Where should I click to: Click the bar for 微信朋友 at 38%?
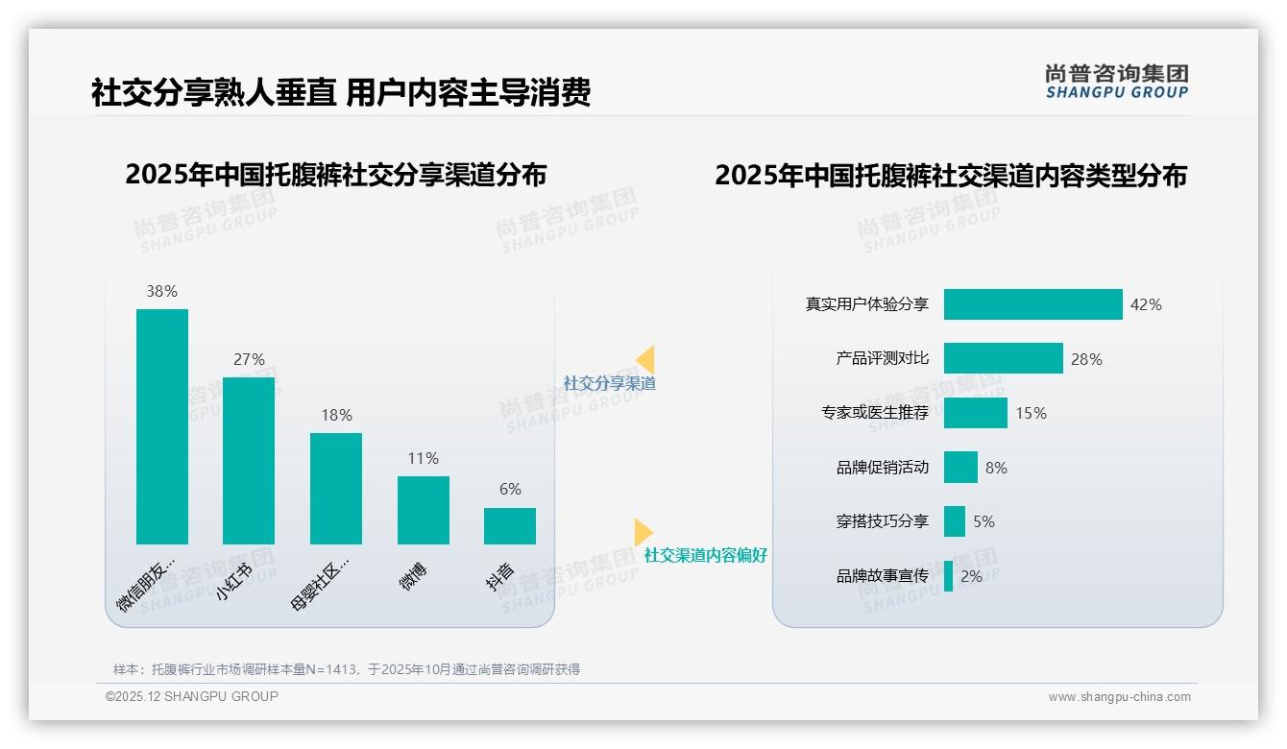pyautogui.click(x=162, y=426)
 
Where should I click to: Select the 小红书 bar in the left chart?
pyautogui.click(x=249, y=461)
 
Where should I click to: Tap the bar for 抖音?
pyautogui.click(x=510, y=526)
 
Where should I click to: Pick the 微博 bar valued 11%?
pyautogui.click(x=423, y=510)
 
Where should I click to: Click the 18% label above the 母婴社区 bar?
pyautogui.click(x=336, y=415)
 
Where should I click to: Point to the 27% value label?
pyautogui.click(x=249, y=359)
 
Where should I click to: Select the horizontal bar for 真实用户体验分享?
pyautogui.click(x=1032, y=304)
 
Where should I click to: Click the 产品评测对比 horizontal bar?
pyautogui.click(x=1003, y=358)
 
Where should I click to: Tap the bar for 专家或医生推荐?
pyautogui.click(x=975, y=413)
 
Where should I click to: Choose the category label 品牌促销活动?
pyautogui.click(x=883, y=468)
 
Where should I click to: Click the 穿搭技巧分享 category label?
pyautogui.click(x=883, y=521)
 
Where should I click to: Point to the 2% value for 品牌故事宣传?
pyautogui.click(x=971, y=576)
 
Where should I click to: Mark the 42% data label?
pyautogui.click(x=1146, y=304)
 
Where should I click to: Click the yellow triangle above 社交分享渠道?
pyautogui.click(x=645, y=360)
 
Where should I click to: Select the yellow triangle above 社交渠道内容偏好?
pyautogui.click(x=643, y=532)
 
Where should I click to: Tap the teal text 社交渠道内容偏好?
pyautogui.click(x=705, y=555)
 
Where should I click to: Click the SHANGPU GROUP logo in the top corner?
pyautogui.click(x=1116, y=82)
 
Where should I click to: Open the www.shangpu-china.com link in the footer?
pyautogui.click(x=1119, y=697)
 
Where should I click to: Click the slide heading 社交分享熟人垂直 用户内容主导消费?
pyautogui.click(x=340, y=92)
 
